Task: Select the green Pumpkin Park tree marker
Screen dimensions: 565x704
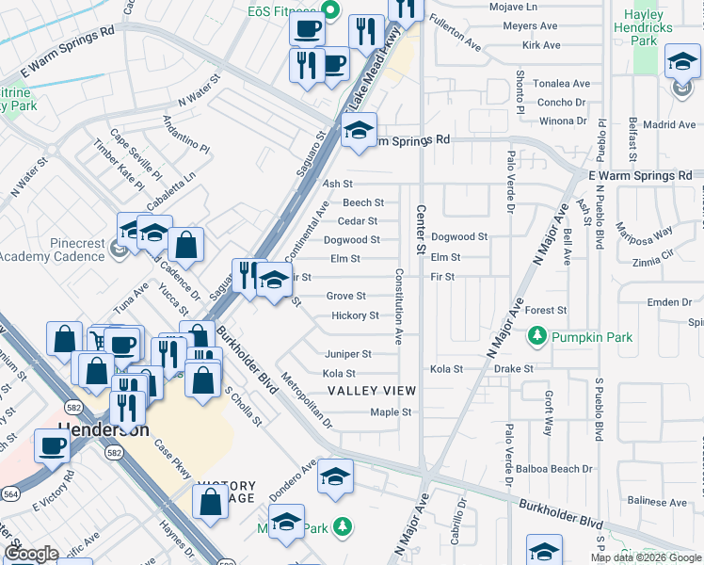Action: click(537, 335)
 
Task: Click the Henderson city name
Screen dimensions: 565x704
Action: click(104, 428)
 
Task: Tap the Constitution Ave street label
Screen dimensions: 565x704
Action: click(399, 306)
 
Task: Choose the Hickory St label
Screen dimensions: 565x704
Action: click(355, 315)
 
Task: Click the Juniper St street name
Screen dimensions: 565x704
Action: click(347, 354)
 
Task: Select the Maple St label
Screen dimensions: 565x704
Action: click(391, 412)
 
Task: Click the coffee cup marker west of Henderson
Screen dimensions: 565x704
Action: click(52, 445)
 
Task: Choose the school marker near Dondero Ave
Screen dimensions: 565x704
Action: click(334, 476)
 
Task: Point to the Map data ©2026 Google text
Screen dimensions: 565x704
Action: click(647, 557)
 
